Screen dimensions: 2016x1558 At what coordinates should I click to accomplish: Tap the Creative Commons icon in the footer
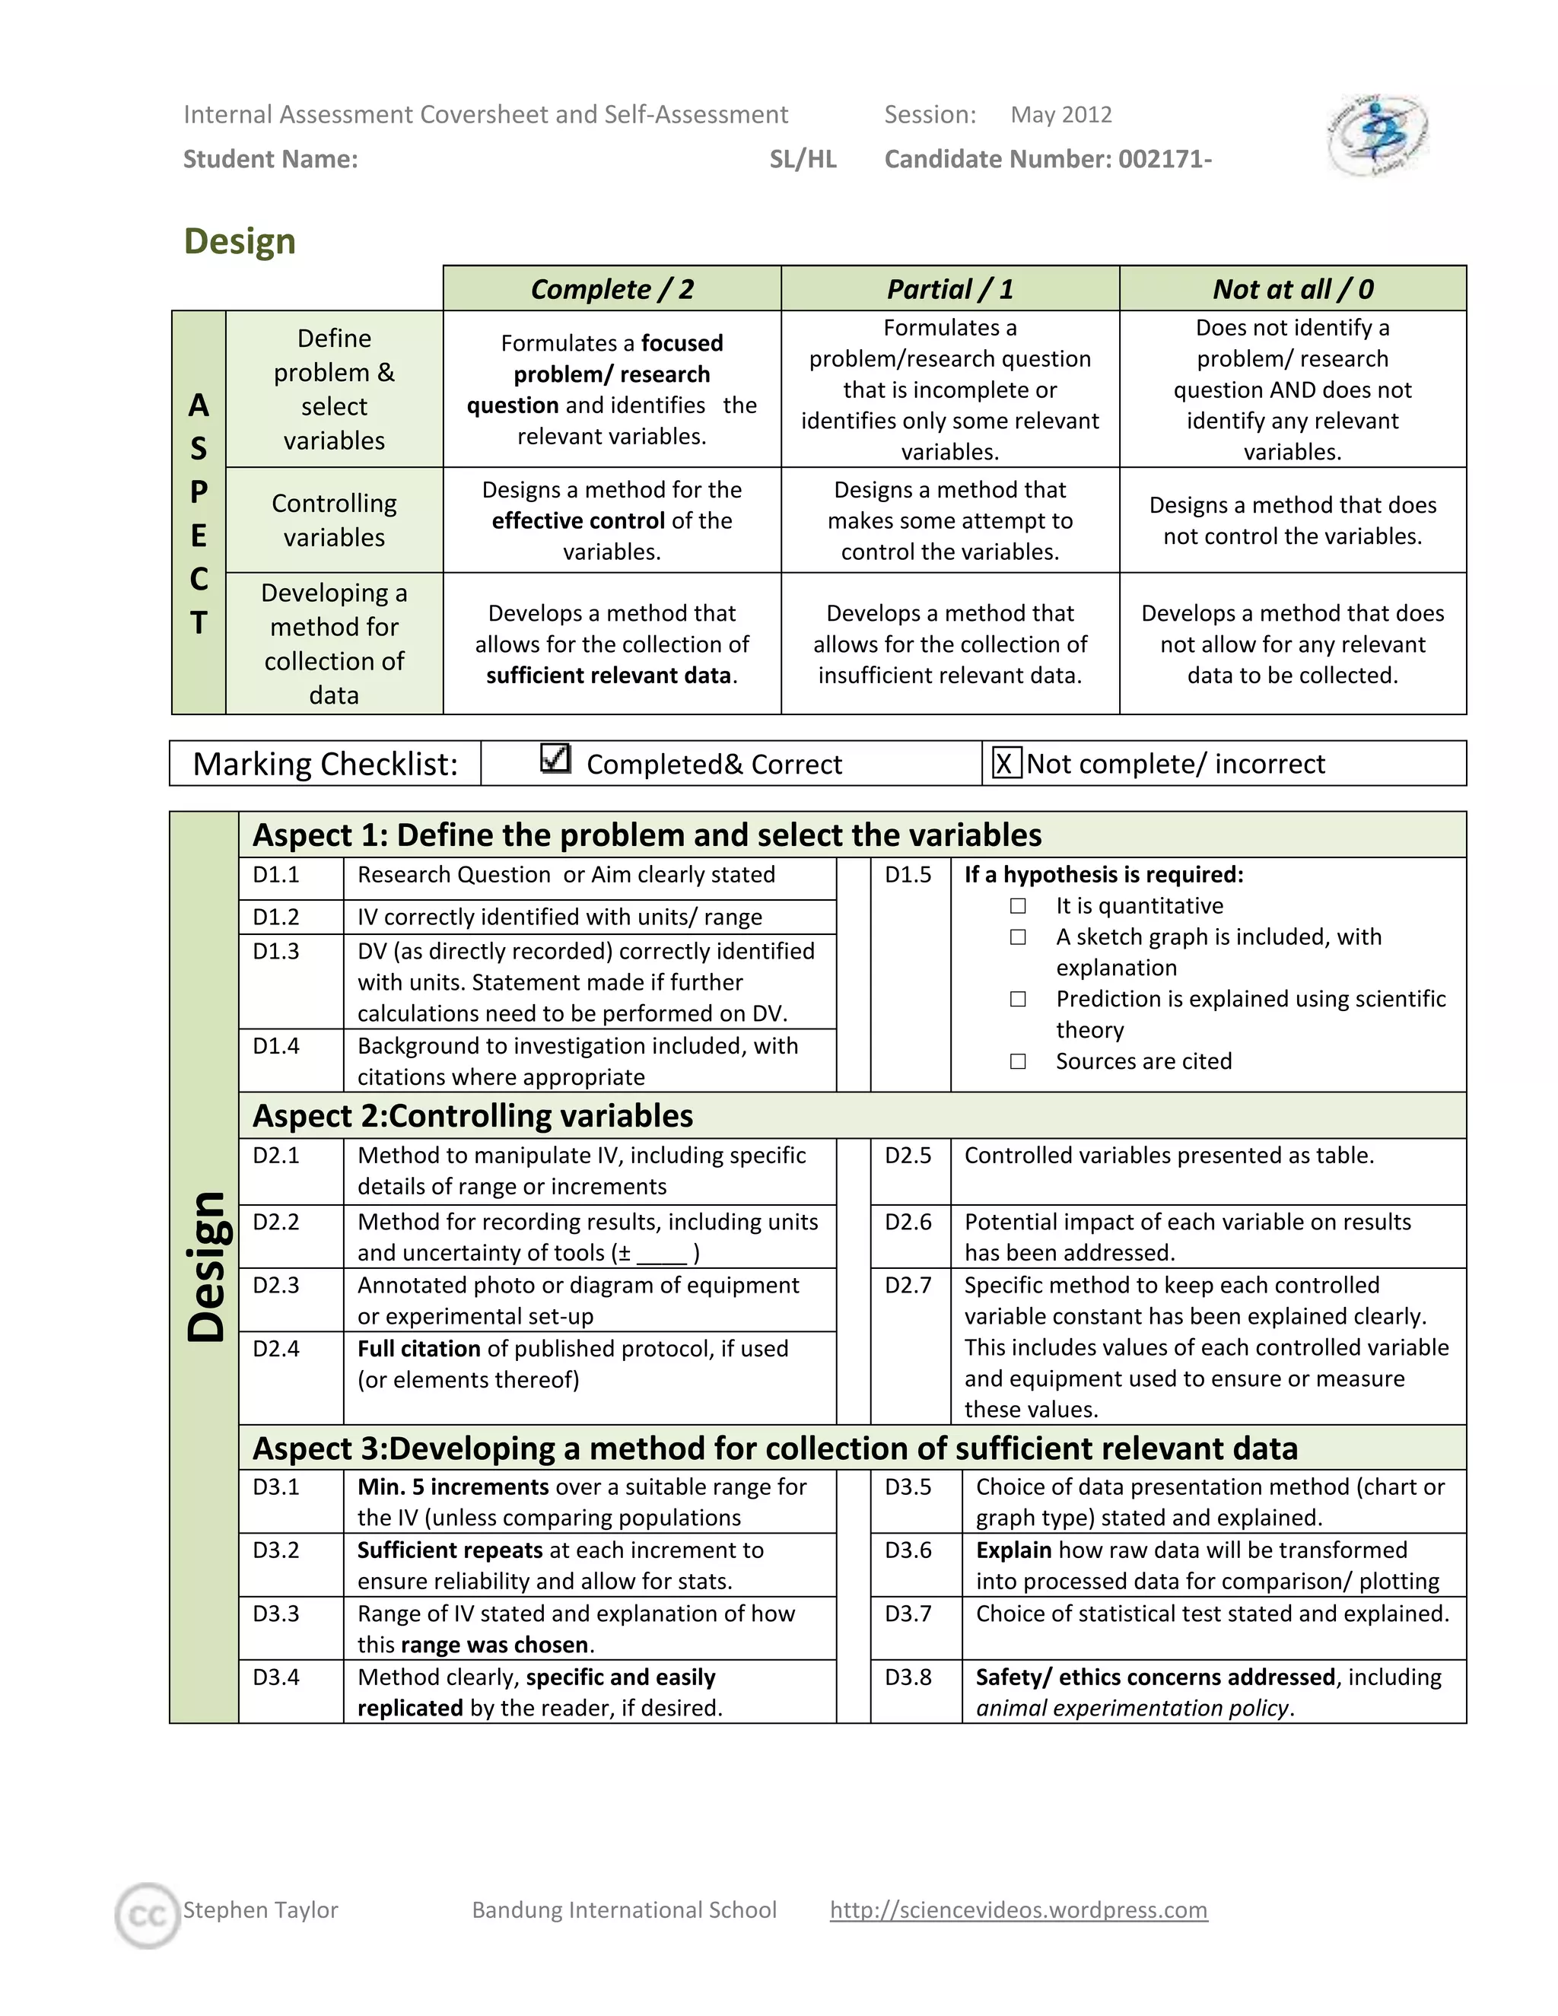[x=148, y=1916]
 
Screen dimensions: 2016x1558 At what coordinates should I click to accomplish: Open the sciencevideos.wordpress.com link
[x=1018, y=1909]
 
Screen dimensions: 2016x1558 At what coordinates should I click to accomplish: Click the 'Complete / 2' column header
[x=612, y=289]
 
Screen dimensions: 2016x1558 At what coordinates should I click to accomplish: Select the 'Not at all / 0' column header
[x=1293, y=289]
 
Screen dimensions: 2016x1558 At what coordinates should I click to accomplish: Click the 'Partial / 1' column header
[x=949, y=289]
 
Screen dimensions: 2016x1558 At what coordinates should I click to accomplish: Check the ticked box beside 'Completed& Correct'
[x=555, y=758]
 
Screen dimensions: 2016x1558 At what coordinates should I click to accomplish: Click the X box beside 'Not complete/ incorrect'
[x=1005, y=763]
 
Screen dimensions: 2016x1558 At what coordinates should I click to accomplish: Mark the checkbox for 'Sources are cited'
[x=1018, y=1060]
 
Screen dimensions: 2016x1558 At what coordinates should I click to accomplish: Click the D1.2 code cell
[x=276, y=917]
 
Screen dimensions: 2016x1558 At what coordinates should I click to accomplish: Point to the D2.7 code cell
[x=908, y=1285]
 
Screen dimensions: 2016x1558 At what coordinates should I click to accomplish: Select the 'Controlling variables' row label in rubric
[x=334, y=520]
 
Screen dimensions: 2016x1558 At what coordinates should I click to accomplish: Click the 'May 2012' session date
[x=1060, y=114]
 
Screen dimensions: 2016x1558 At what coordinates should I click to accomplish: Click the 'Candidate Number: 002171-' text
[x=1048, y=159]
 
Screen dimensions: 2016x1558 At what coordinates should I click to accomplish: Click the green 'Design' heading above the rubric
[x=240, y=241]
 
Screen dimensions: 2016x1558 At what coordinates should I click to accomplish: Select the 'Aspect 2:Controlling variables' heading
[x=472, y=1115]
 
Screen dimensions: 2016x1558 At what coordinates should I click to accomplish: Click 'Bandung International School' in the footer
[x=624, y=1909]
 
